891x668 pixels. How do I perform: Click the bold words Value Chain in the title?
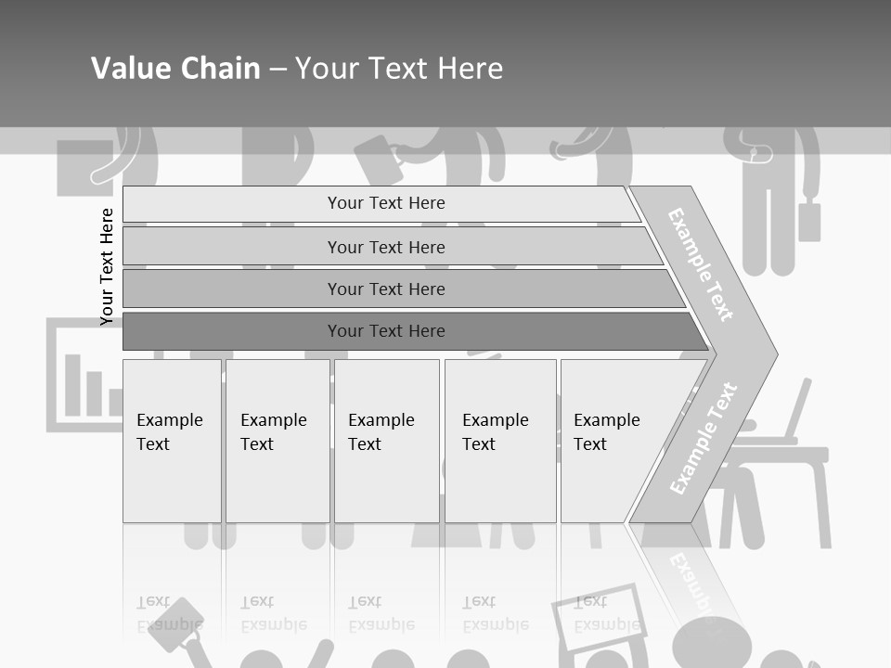pyautogui.click(x=175, y=69)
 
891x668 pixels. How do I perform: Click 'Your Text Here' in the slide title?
pyautogui.click(x=399, y=69)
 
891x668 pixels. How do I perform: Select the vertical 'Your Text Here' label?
pyautogui.click(x=107, y=266)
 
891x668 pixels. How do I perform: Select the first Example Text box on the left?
pyautogui.click(x=172, y=441)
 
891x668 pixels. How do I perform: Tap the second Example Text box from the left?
pyautogui.click(x=277, y=441)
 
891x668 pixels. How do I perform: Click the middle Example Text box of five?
pyautogui.click(x=386, y=441)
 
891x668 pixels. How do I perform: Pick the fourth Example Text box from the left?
pyautogui.click(x=500, y=441)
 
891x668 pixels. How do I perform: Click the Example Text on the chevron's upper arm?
pyautogui.click(x=701, y=264)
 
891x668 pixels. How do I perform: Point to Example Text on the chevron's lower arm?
pyautogui.click(x=704, y=438)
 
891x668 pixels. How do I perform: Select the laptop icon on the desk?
pyautogui.click(x=795, y=413)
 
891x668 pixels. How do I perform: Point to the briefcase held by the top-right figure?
pyautogui.click(x=809, y=220)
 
